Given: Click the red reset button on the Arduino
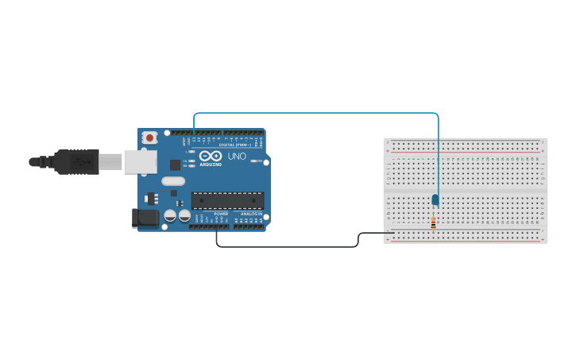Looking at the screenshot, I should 149,137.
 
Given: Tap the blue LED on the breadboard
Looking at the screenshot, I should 435,199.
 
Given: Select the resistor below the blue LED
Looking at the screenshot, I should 433,223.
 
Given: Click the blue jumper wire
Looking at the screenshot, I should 318,113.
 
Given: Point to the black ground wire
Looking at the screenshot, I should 286,246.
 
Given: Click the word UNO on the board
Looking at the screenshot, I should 238,157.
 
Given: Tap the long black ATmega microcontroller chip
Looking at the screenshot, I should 226,203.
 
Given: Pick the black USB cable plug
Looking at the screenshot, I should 76,161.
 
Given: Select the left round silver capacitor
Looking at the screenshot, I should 170,215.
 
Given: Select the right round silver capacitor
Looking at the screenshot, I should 184,215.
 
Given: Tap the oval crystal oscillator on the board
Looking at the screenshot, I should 173,180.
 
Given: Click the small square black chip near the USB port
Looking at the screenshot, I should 175,165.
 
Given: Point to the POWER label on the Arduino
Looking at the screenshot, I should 221,214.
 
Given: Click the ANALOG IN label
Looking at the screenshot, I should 253,214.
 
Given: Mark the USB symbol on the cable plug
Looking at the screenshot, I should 80,161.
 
